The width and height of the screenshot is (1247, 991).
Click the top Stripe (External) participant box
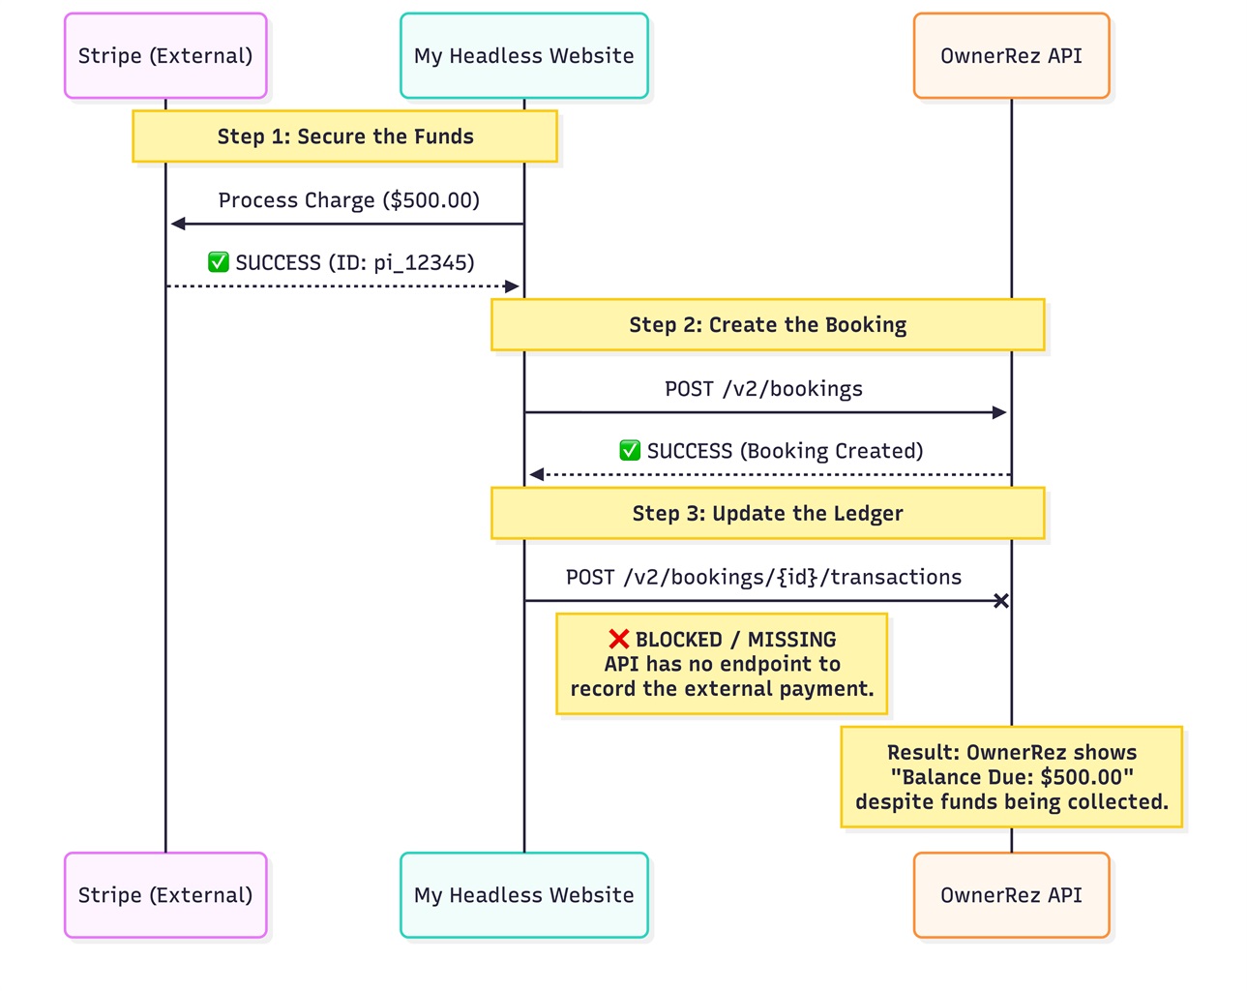165,56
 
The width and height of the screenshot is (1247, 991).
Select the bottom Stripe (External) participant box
165,895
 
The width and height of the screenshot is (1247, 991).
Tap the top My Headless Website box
523,56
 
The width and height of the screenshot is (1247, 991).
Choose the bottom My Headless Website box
523,895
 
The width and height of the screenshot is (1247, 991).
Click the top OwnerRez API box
1011,56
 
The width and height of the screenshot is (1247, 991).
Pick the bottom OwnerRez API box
1011,895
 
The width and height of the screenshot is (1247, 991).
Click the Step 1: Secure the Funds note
344,136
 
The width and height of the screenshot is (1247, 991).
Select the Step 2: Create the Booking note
767,325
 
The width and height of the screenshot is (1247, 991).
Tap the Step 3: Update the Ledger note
767,513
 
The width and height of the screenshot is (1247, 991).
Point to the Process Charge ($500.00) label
348,200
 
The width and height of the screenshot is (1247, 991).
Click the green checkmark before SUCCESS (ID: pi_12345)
219,262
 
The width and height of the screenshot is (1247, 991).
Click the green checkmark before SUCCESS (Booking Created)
630,451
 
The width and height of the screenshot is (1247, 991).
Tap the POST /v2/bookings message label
763,389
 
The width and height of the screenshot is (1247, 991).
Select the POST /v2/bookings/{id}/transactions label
763,578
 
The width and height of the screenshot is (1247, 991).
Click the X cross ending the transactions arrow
1001,601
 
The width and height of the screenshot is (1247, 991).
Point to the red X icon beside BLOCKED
619,640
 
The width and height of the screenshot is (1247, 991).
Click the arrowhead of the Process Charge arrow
178,224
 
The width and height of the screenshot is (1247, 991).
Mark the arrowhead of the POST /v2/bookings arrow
999,412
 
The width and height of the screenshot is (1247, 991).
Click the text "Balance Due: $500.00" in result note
1011,777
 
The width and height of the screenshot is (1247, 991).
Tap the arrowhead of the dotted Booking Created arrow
537,474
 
